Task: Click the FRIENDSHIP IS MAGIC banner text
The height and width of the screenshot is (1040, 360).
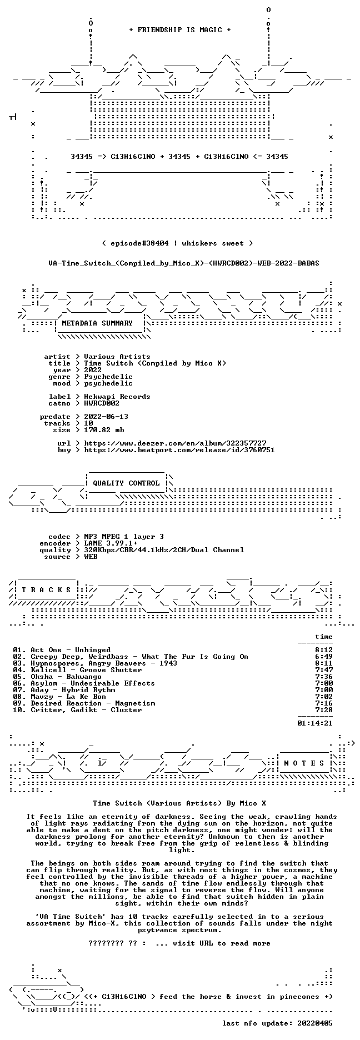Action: click(179, 30)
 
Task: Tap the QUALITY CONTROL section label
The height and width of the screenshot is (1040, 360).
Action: click(126, 483)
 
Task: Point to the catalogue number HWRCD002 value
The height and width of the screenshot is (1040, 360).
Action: click(102, 403)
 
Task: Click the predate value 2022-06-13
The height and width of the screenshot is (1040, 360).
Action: click(106, 417)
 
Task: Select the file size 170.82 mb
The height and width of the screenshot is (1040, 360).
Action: click(104, 430)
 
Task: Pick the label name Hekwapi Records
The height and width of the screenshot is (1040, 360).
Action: click(117, 397)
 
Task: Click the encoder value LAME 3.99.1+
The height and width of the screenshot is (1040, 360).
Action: click(111, 543)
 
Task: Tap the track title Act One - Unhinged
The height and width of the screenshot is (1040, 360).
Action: click(71, 650)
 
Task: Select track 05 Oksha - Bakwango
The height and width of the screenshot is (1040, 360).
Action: click(57, 677)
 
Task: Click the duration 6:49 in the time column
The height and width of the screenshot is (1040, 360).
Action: click(324, 657)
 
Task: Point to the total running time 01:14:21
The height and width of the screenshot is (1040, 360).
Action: click(315, 723)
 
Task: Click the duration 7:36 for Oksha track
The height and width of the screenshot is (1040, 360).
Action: click(324, 677)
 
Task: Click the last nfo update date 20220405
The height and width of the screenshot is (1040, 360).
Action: click(315, 1023)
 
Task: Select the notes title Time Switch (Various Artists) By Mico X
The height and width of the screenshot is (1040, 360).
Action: click(179, 803)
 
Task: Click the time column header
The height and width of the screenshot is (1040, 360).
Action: click(324, 637)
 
